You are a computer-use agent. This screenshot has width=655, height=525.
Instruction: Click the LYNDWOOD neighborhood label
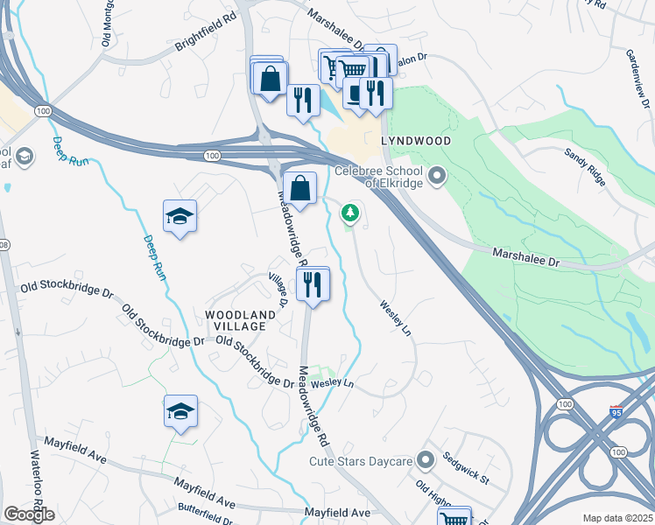416,141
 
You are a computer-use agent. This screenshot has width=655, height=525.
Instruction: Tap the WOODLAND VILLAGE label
235,319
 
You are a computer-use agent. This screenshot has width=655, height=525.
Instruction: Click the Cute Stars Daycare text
360,460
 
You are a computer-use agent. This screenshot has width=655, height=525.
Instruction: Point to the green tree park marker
350,213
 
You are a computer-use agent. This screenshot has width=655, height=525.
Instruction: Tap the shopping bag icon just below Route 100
299,187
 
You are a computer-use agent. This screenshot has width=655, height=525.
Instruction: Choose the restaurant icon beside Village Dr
312,283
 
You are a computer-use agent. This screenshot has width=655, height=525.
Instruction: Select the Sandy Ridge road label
585,166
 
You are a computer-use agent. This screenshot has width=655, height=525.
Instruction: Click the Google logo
29,514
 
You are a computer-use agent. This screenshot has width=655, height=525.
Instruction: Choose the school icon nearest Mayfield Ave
180,412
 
